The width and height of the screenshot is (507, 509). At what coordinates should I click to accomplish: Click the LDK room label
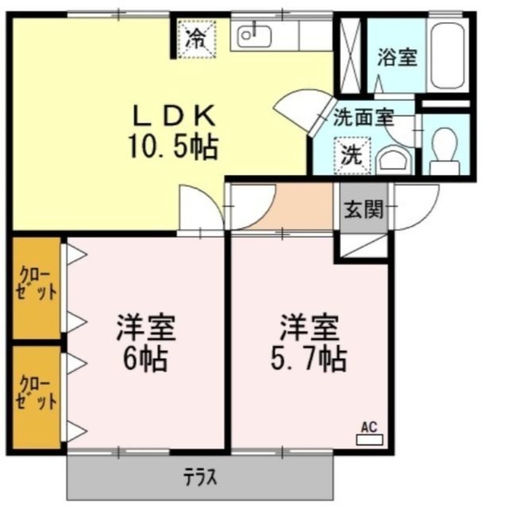175,116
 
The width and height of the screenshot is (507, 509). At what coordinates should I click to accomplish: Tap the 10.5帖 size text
173,146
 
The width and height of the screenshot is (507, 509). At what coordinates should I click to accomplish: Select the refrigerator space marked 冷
197,39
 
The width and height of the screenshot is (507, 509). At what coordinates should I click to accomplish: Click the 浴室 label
397,57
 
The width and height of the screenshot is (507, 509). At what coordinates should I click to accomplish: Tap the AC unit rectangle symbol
370,440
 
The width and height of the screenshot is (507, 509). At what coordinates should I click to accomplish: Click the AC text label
370,427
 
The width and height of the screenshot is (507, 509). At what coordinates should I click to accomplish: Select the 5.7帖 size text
309,360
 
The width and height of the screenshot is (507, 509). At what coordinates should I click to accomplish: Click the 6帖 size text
145,360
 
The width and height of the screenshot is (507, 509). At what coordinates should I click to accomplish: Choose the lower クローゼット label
36,393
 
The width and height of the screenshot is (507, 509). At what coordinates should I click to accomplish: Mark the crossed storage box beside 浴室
351,55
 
